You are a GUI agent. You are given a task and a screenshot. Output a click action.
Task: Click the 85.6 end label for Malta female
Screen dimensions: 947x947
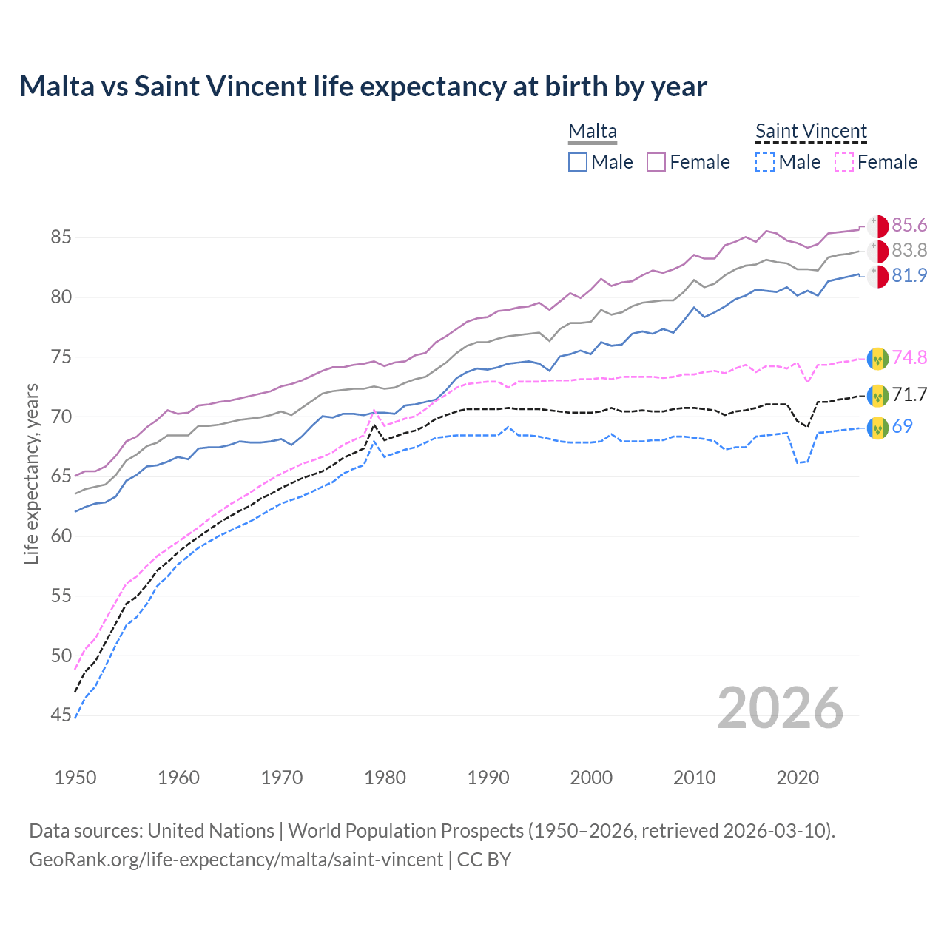(x=909, y=225)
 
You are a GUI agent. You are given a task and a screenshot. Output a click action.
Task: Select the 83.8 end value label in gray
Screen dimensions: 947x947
(x=909, y=250)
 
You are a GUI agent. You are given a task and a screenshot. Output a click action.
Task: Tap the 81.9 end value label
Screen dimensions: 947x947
(x=909, y=275)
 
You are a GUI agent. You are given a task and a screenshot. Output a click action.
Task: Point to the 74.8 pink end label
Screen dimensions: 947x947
(x=909, y=357)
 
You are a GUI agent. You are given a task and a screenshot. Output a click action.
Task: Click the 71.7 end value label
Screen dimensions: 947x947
(x=909, y=394)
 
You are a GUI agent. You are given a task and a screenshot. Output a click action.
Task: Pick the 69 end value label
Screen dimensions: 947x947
(x=902, y=426)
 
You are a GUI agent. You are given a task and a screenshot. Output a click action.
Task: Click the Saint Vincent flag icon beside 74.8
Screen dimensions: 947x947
(x=877, y=358)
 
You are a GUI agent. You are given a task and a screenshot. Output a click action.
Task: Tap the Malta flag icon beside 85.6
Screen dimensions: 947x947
(x=877, y=226)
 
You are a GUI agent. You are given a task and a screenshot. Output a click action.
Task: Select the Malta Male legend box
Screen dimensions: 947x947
(x=578, y=162)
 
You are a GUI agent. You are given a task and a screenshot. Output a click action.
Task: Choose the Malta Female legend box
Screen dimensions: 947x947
(x=656, y=162)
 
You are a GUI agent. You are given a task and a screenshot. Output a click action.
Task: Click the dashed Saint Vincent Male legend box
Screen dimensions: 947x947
(x=765, y=162)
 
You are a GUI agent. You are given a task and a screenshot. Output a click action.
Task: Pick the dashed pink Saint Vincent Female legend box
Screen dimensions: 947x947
(x=844, y=162)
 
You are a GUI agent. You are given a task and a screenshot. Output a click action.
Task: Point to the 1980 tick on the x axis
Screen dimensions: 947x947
(x=385, y=778)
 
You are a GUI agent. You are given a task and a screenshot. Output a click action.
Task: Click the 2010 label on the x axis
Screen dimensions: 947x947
(x=694, y=778)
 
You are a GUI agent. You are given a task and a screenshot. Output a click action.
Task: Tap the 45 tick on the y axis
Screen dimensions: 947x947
(x=61, y=715)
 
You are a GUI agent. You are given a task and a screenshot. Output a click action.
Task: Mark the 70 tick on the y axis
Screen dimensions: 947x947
(x=61, y=417)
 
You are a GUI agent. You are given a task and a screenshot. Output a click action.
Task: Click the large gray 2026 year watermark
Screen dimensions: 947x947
(x=780, y=708)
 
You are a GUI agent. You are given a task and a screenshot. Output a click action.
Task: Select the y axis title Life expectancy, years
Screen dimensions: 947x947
(x=31, y=473)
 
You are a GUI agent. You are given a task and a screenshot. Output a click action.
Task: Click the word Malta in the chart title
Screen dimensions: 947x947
(x=57, y=87)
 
